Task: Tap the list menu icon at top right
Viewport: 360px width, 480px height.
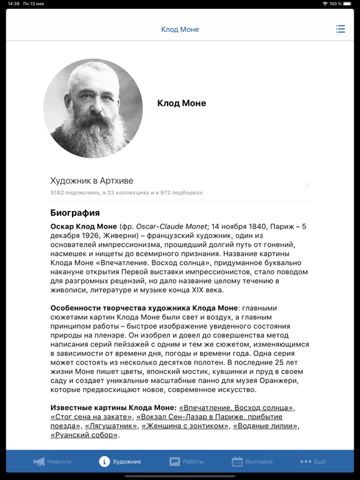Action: (x=340, y=29)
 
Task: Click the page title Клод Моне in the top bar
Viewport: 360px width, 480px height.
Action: (x=180, y=29)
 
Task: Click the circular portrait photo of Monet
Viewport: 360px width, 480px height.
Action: (x=93, y=108)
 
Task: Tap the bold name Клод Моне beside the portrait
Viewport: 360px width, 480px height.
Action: (x=181, y=103)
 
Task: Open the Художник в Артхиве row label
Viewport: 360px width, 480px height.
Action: (x=92, y=181)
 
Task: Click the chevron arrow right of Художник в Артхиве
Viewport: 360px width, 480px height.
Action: (x=307, y=185)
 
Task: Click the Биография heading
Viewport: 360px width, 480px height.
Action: (x=75, y=212)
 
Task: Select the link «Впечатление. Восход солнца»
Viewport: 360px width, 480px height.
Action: (x=236, y=407)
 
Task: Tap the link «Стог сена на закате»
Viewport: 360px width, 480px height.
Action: (x=91, y=417)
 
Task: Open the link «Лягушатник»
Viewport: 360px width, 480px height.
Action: (x=111, y=426)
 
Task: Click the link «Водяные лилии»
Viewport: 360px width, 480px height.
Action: (x=265, y=426)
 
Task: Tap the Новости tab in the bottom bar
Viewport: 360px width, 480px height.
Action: (x=52, y=461)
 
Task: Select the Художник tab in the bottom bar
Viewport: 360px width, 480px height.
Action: (x=120, y=461)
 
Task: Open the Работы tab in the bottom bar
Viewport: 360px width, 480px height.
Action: (x=187, y=461)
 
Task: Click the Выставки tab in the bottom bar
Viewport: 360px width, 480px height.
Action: (x=252, y=461)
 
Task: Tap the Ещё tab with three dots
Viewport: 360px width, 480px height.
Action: (x=313, y=461)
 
